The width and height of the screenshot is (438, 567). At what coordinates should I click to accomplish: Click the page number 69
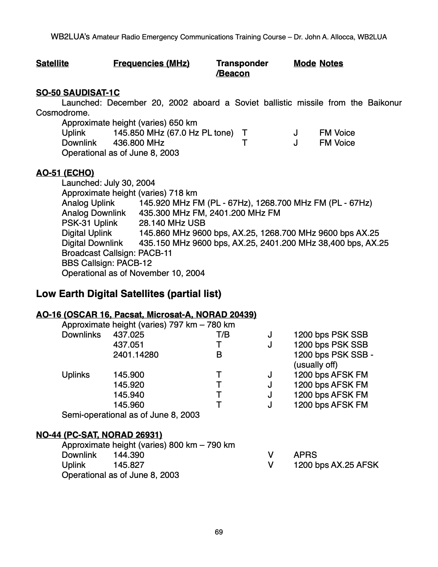coord(219,532)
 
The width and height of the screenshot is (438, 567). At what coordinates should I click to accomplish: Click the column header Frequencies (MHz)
coord(151,64)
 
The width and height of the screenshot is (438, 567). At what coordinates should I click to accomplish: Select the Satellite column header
coord(52,64)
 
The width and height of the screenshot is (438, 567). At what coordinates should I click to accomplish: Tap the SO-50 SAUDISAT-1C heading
coord(78,93)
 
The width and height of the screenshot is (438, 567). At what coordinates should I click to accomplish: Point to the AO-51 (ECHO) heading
coord(65,173)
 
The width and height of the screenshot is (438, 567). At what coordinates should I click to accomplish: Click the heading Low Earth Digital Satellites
coord(128,294)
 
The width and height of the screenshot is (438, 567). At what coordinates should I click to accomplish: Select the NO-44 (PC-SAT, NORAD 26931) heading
coord(99,435)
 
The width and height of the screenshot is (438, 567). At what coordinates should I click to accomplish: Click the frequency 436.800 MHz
coord(138,143)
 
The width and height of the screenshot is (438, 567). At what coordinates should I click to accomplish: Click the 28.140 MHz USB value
coord(167,223)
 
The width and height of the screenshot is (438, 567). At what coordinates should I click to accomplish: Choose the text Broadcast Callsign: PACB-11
coord(117,253)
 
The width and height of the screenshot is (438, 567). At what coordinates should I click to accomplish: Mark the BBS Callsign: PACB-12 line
coord(107,263)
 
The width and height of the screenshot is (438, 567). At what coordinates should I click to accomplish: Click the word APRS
coord(305,455)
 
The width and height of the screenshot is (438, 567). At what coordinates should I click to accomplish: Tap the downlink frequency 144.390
coord(128,455)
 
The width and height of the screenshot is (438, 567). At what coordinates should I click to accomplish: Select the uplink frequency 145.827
coord(128,465)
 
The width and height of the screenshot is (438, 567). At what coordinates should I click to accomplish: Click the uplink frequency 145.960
coord(128,405)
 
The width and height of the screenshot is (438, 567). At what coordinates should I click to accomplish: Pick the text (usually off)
coord(315,365)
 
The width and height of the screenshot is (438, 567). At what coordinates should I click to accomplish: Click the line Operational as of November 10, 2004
coord(133,273)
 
